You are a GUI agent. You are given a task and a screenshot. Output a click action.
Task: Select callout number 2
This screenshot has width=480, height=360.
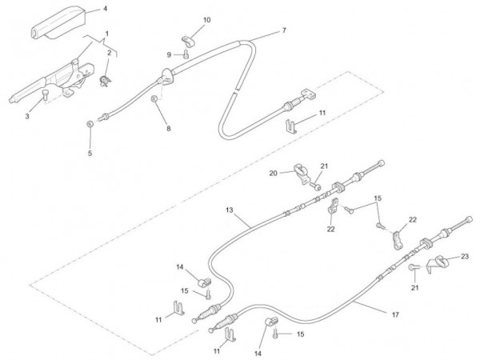(109, 53)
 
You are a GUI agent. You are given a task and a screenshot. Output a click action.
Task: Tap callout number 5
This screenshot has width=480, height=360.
(90, 153)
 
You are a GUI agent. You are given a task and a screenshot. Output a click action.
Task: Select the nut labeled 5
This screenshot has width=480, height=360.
(90, 124)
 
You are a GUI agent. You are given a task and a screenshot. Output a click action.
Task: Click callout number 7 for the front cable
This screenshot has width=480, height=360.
(283, 31)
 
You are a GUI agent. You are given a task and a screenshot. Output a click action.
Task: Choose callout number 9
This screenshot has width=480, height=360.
(169, 54)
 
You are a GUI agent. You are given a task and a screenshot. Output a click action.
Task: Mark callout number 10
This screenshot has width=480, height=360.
(207, 19)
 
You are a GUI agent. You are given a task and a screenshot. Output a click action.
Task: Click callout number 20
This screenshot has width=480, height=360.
(273, 173)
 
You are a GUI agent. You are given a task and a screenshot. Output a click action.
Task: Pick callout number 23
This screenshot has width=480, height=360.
(465, 257)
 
